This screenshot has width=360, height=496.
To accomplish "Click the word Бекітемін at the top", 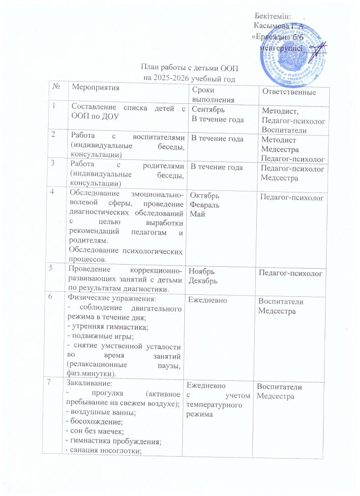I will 273,18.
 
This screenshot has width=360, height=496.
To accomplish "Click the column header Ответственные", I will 289,93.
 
